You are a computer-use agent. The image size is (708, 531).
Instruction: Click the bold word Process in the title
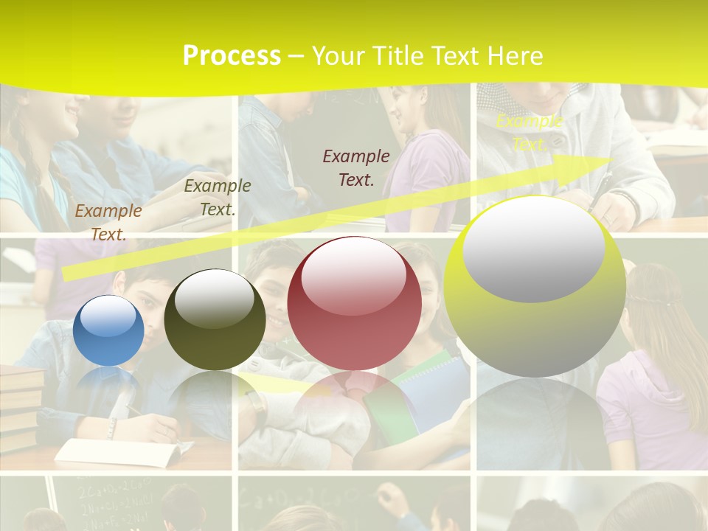tap(232, 56)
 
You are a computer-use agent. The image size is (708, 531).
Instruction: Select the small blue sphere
tap(108, 330)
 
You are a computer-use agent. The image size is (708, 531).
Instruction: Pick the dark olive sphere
tap(215, 320)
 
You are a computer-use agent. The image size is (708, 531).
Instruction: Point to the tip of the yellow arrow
tap(611, 159)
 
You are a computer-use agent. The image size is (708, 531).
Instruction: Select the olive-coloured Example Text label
tap(218, 198)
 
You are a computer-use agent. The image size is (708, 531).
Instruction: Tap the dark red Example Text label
tap(356, 167)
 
